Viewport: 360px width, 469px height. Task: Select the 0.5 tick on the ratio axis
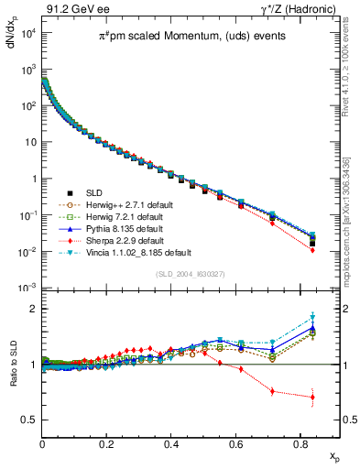31,420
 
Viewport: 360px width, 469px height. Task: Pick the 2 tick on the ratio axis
34,310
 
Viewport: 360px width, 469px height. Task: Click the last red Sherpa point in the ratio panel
312,398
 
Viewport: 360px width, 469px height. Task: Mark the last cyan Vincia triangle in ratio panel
312,318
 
